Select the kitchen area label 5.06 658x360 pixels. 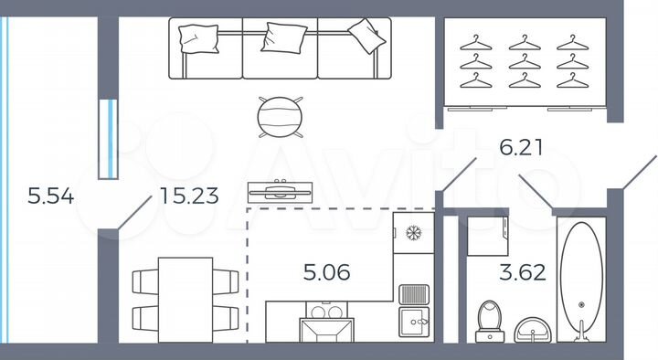click(x=327, y=271)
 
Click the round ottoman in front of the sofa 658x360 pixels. click(x=279, y=117)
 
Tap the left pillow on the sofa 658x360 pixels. click(x=199, y=37)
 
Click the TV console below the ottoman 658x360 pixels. click(x=280, y=191)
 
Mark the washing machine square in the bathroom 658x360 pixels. click(x=486, y=239)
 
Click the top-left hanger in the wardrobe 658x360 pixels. click(x=475, y=42)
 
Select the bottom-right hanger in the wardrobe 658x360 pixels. click(x=572, y=80)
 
